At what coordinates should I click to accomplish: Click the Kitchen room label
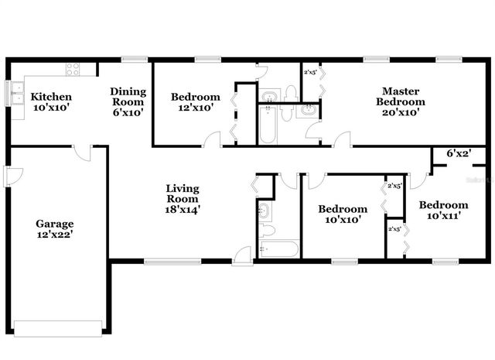coord(51,103)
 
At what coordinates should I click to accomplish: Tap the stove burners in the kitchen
coord(73,69)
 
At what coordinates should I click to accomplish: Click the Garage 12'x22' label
coord(55,230)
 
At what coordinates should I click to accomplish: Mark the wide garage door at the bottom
coord(57,327)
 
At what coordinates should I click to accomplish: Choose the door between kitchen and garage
coord(83,151)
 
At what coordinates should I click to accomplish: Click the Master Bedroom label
coord(400,96)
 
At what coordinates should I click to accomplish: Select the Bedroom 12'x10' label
coord(195,103)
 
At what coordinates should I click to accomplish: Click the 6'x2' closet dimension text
coord(459,153)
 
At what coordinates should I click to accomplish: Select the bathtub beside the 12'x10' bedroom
coord(268,125)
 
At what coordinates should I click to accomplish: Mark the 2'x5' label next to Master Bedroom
coord(310,73)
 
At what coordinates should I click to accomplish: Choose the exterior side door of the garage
coord(9,177)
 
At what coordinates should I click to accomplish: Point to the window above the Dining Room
coord(135,58)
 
